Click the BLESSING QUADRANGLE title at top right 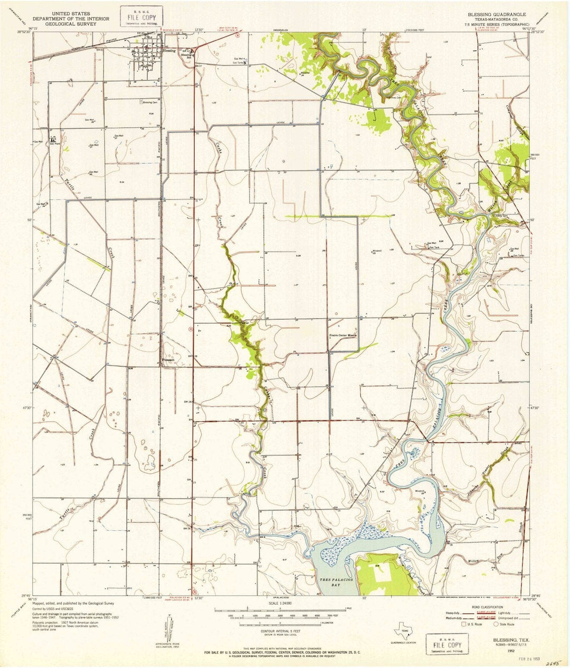pyautogui.click(x=493, y=15)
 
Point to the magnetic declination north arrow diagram pyautogui.click(x=166, y=631)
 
